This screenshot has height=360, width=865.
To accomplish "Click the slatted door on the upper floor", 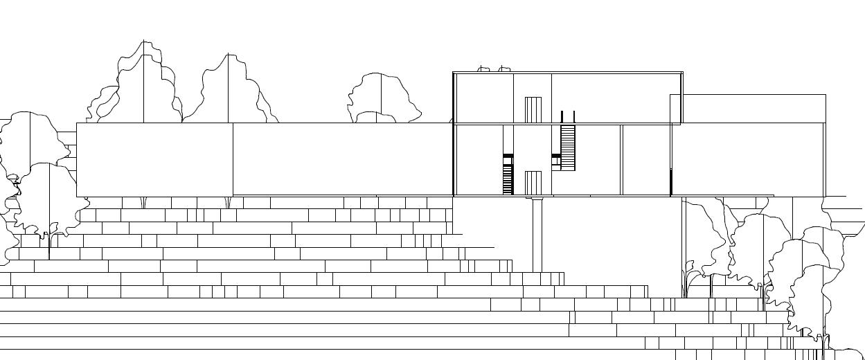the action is coord(533,109).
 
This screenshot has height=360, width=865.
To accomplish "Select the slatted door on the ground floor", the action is coord(533,183).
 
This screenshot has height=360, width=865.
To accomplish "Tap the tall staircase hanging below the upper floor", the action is coord(568,147).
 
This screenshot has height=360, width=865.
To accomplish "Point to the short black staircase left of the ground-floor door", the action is coord(508,174).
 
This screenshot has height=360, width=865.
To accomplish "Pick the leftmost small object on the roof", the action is coord(484,69).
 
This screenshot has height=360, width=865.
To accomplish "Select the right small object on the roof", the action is coord(504,69).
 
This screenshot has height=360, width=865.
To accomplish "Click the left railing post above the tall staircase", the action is coord(562,116).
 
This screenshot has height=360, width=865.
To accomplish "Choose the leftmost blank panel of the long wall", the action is coord(154,160).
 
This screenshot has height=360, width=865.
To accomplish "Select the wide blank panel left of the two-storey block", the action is coord(343,159).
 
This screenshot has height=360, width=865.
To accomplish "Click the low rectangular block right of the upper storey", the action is coord(753,109).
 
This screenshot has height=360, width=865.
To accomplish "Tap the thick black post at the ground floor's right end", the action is coord(670,181).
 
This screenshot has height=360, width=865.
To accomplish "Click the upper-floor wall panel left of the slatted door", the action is coord(483,98).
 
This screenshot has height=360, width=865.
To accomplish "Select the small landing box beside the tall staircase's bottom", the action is coord(555,161).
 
